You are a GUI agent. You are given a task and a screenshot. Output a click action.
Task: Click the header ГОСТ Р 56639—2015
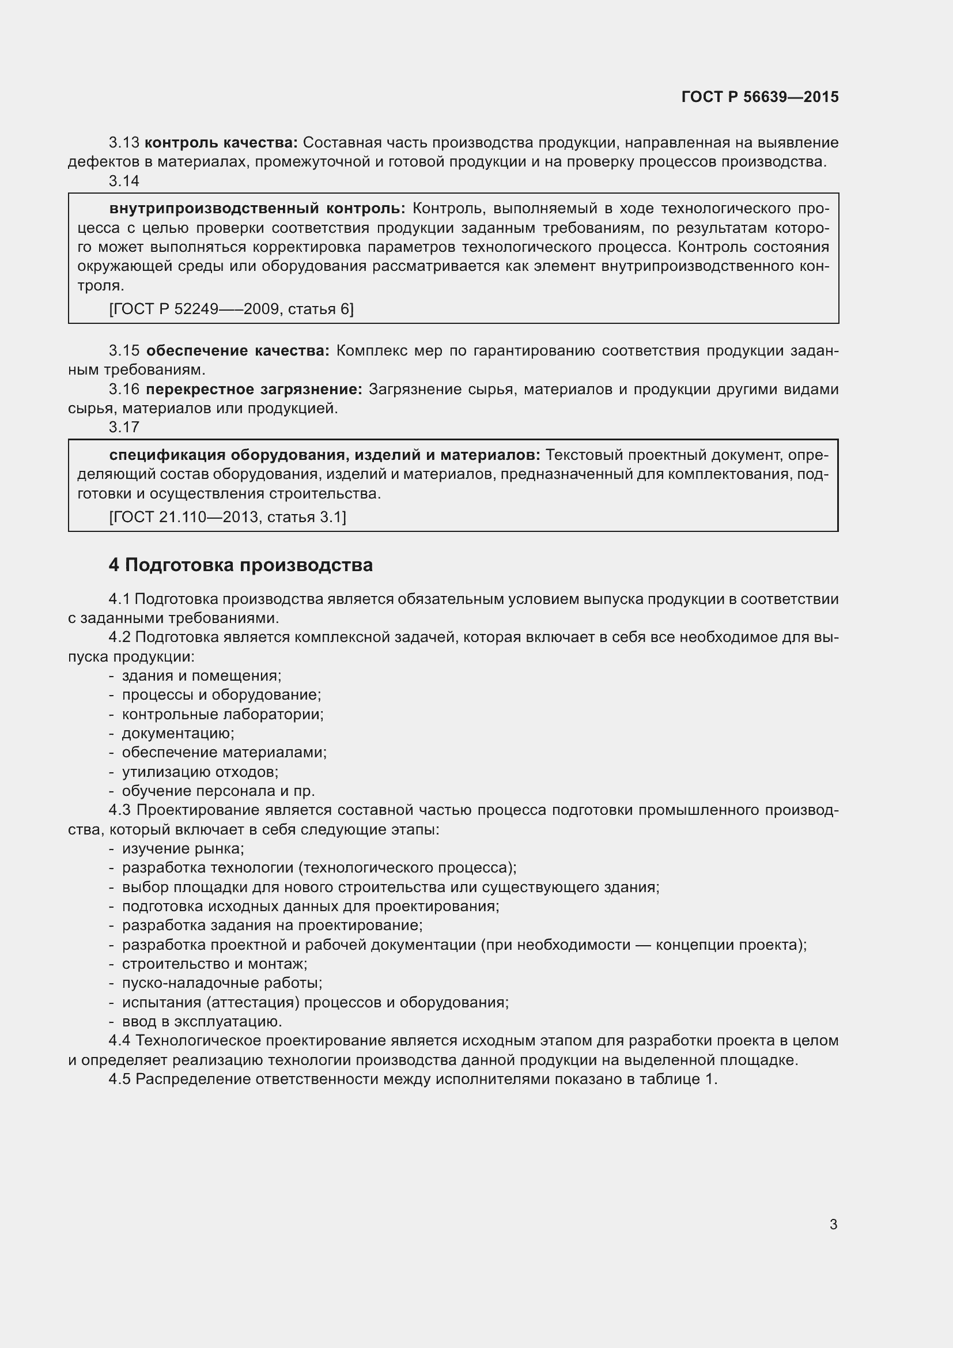[760, 97]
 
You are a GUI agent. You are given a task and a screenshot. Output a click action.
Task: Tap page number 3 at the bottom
[833, 1224]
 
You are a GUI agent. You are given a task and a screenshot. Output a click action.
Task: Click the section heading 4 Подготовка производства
[241, 565]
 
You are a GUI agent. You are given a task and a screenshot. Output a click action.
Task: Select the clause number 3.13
[124, 143]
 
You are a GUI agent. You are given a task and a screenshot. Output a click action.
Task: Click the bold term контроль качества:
[221, 143]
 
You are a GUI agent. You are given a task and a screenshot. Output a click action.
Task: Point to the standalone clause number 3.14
[124, 182]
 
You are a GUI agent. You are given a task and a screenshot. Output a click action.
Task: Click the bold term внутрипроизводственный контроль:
[257, 209]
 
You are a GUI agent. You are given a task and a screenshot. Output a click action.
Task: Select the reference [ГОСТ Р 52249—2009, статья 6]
[231, 309]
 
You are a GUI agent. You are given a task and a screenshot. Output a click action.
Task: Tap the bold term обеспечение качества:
[237, 351]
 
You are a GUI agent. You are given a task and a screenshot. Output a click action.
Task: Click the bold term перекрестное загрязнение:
[254, 389]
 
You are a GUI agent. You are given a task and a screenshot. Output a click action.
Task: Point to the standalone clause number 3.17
[124, 428]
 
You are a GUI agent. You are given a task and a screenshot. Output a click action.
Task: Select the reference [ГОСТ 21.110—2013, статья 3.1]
[228, 516]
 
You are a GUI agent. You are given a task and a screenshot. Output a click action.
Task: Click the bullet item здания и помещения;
[201, 676]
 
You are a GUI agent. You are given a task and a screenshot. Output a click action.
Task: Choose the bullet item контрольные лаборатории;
[222, 715]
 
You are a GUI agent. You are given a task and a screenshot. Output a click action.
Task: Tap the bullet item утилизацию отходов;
[199, 772]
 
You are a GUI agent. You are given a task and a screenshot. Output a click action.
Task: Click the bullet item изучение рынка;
[183, 849]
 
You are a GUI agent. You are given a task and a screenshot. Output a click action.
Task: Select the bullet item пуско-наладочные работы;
[222, 983]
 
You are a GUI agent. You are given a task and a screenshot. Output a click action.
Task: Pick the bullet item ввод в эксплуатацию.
[202, 1022]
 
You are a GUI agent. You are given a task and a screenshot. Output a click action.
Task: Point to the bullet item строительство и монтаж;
[214, 964]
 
